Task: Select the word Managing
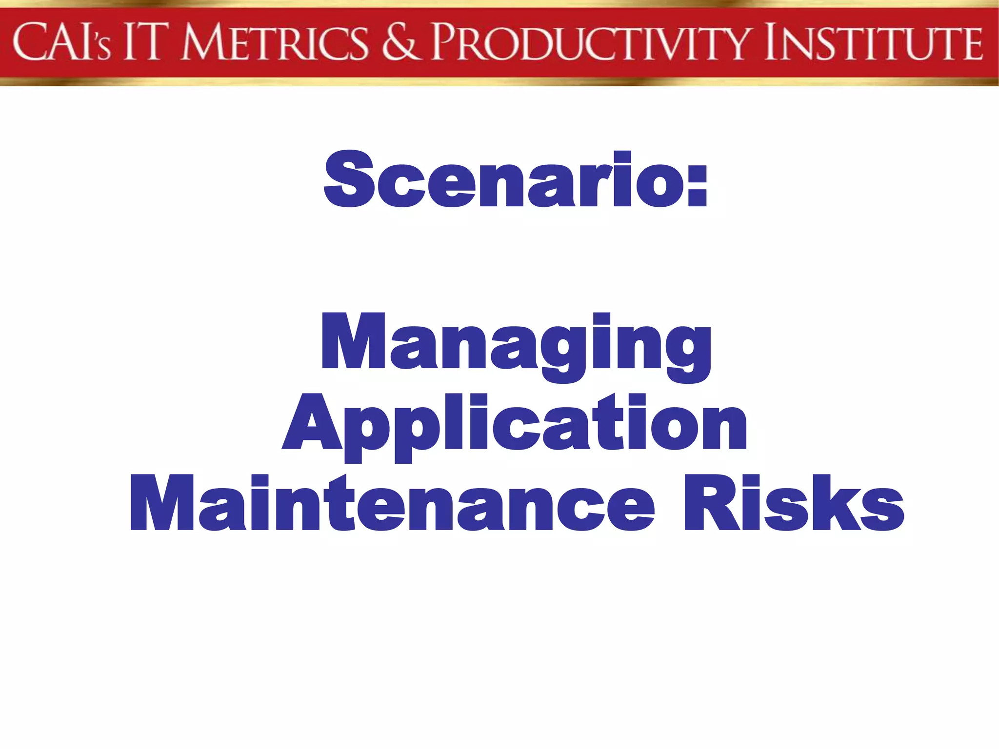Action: coord(516,344)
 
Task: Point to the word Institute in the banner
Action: coord(873,43)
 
